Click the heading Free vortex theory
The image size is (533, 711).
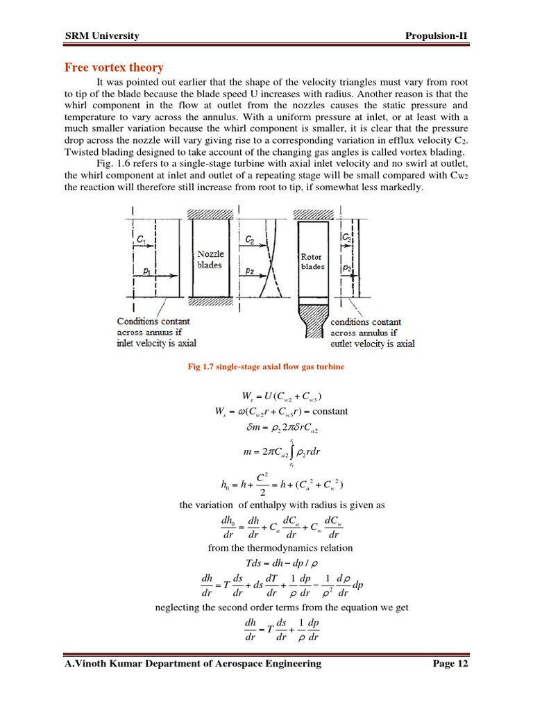[x=114, y=67]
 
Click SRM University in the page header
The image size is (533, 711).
[x=102, y=36]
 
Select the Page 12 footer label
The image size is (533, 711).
[x=450, y=663]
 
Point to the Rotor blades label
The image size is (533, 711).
[x=312, y=261]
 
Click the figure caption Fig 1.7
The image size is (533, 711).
[x=266, y=366]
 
